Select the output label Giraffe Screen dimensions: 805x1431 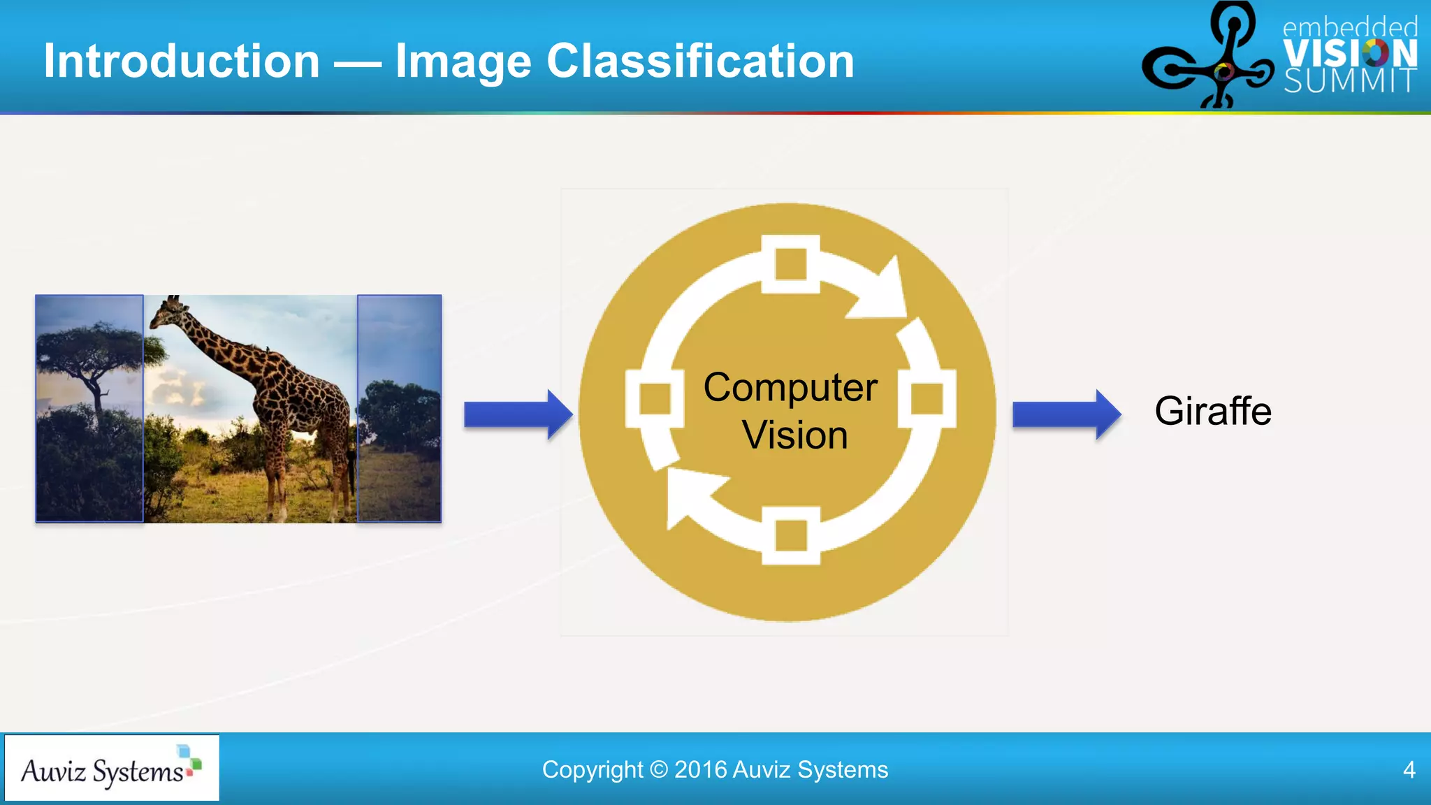point(1212,411)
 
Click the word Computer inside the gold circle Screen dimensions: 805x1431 point(790,387)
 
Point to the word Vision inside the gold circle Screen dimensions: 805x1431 point(794,435)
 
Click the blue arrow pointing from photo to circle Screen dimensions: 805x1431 point(518,414)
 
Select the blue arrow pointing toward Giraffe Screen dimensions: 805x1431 point(1066,414)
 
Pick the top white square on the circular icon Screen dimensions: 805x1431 point(790,264)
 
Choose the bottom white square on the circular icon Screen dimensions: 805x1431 point(790,536)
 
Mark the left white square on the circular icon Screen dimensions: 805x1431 point(655,399)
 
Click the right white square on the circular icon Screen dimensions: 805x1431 point(927,399)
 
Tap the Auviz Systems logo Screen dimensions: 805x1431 point(112,768)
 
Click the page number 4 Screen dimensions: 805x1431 point(1409,769)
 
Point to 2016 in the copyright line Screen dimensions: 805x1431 point(700,769)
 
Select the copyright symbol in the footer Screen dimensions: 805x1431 point(658,769)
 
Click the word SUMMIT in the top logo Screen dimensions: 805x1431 point(1350,81)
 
